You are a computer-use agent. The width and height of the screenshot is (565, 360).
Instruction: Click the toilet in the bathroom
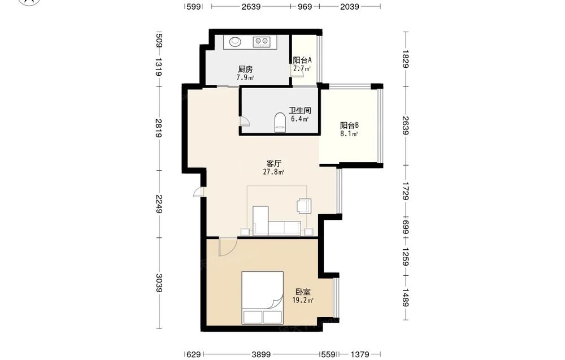(x=280, y=122)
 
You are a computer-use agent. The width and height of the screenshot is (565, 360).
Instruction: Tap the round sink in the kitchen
(x=235, y=41)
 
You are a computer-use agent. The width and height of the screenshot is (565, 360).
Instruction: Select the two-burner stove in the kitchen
(x=262, y=42)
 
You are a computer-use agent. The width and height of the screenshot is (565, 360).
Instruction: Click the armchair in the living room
(x=304, y=206)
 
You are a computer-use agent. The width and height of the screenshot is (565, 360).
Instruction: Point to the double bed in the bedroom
(x=262, y=298)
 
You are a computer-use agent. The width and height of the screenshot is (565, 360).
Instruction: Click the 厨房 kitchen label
(x=245, y=69)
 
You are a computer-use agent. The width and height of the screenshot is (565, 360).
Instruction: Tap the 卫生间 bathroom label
(x=299, y=111)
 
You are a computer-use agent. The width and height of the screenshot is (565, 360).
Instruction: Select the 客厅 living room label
(x=273, y=163)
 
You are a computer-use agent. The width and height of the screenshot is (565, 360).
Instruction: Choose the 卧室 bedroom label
(x=303, y=292)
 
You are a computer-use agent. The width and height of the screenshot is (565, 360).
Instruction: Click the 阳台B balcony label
(x=349, y=125)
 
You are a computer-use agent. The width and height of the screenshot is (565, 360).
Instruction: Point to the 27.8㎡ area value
(x=273, y=172)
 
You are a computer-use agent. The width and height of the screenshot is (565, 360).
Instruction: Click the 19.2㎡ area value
(x=303, y=300)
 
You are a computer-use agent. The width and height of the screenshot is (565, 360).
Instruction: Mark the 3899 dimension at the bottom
(x=261, y=354)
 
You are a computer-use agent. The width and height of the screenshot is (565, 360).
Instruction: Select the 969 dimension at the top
(x=305, y=6)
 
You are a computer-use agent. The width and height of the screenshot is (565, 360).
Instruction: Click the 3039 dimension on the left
(x=159, y=283)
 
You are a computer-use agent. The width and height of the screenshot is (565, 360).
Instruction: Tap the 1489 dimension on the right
(x=406, y=298)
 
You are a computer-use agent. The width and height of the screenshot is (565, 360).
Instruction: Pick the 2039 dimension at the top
(x=350, y=6)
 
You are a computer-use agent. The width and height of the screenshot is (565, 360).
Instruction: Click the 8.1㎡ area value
(x=349, y=134)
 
